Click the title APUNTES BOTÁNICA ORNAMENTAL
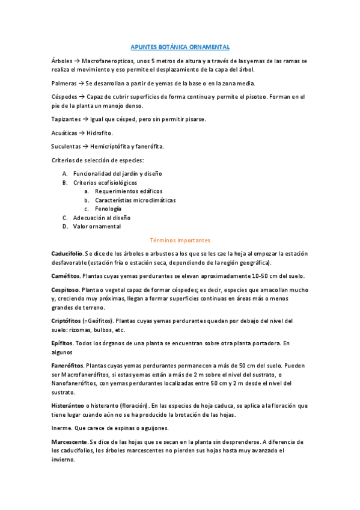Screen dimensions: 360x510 pyautogui.click(x=180, y=46)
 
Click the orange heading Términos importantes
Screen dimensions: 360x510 pyautogui.click(x=180, y=240)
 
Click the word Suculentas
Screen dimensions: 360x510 pyautogui.click(x=67, y=146)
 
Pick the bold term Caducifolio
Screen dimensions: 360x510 pyautogui.click(x=67, y=253)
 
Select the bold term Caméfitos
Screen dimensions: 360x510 pyautogui.click(x=66, y=275)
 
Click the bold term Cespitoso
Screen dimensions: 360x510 pyautogui.click(x=66, y=289)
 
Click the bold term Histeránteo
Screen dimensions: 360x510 pyautogui.click(x=68, y=405)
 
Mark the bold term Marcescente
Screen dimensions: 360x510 pyautogui.click(x=69, y=441)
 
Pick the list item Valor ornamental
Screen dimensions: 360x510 pyautogui.click(x=97, y=226)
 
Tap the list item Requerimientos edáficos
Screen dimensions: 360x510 pyautogui.click(x=129, y=191)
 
